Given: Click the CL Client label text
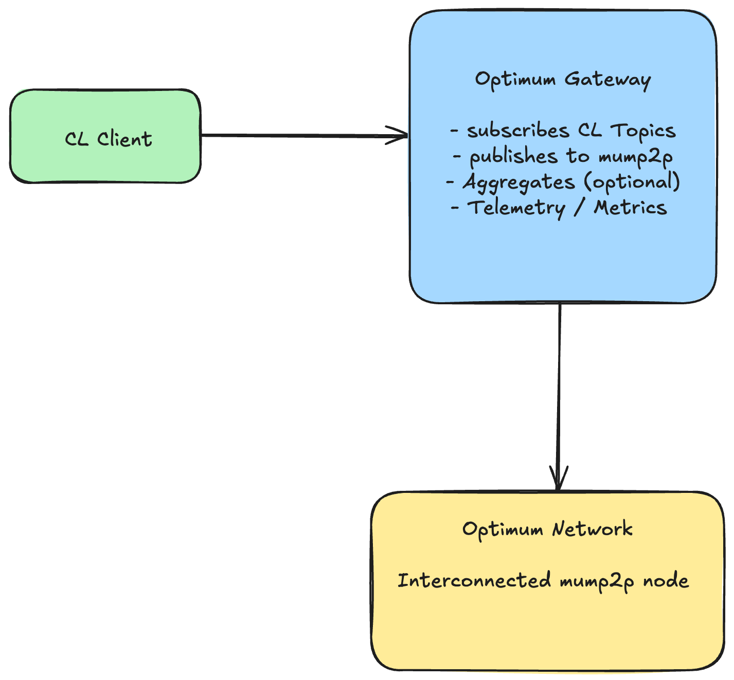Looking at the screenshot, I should pyautogui.click(x=109, y=139).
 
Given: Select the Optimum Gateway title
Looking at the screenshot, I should pyautogui.click(x=563, y=80).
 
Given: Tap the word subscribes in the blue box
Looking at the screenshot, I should pyautogui.click(x=518, y=131).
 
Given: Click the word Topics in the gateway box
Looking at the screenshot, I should pyautogui.click(x=643, y=131).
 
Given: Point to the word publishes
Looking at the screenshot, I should pyautogui.click(x=513, y=156).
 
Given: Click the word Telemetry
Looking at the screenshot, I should pyautogui.click(x=516, y=208).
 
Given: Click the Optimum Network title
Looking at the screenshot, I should pyautogui.click(x=547, y=529).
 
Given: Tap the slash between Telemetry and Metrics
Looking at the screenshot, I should pyautogui.click(x=579, y=208).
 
